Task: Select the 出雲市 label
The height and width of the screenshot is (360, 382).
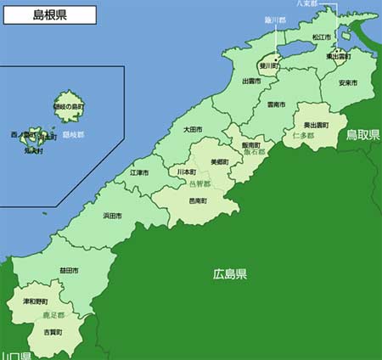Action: tap(251, 82)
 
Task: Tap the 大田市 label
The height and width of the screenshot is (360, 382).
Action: tap(193, 130)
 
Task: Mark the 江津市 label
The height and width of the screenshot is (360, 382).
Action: tap(139, 172)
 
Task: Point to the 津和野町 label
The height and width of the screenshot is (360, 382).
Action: tap(36, 301)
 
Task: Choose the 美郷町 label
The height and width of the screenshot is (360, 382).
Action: tap(219, 161)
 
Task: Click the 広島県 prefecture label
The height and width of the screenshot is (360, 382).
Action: tap(230, 274)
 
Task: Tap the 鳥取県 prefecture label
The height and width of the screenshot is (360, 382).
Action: tap(362, 135)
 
